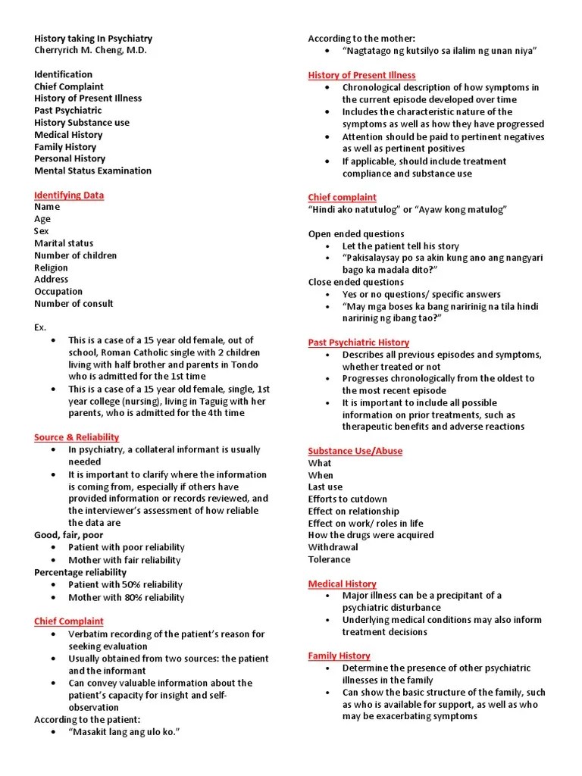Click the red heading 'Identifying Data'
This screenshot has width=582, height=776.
[x=69, y=195]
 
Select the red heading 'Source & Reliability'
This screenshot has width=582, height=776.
[x=77, y=437]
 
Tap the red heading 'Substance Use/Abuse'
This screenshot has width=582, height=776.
[x=355, y=451]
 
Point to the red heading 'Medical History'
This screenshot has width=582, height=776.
[x=342, y=584]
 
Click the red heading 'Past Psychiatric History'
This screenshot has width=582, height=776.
[x=358, y=343]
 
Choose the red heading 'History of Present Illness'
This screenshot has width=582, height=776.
[x=361, y=75]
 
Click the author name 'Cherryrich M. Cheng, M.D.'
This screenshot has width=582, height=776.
[x=92, y=50]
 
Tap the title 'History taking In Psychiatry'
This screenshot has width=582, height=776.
[x=93, y=38]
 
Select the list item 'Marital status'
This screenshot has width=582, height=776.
[x=64, y=243]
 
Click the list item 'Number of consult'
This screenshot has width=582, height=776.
[x=74, y=303]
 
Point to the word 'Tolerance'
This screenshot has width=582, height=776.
[x=329, y=559]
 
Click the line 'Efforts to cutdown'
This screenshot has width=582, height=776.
[x=347, y=499]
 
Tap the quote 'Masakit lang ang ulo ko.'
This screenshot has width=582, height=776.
[x=126, y=732]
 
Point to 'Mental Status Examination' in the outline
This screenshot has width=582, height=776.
[x=92, y=171]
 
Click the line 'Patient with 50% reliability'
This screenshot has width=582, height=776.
[x=125, y=584]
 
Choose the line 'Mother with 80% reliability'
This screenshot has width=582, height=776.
[x=126, y=597]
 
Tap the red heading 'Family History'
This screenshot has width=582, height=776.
[x=339, y=656]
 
